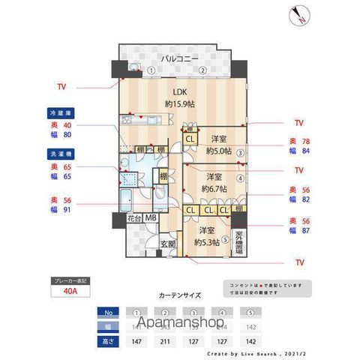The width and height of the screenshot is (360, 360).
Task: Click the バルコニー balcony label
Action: [178, 58]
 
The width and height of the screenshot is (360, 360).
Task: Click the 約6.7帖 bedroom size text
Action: [212, 189]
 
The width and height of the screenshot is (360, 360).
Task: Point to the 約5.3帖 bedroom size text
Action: [206, 242]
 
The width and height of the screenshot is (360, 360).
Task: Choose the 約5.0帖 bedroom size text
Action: [219, 150]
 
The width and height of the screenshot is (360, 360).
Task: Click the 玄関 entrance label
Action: [169, 244]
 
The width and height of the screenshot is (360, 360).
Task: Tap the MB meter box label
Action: [151, 219]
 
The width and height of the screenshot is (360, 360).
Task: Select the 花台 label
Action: [133, 219]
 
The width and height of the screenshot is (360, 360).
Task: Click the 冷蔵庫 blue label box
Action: [57, 113]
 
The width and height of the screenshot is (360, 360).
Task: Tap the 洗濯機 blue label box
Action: [57, 154]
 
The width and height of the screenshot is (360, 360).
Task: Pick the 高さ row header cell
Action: [109, 340]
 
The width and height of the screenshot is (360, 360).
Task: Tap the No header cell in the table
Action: [109, 312]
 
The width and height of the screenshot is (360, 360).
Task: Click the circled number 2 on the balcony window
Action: [202, 70]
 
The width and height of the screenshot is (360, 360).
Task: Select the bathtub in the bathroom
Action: [127, 201]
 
